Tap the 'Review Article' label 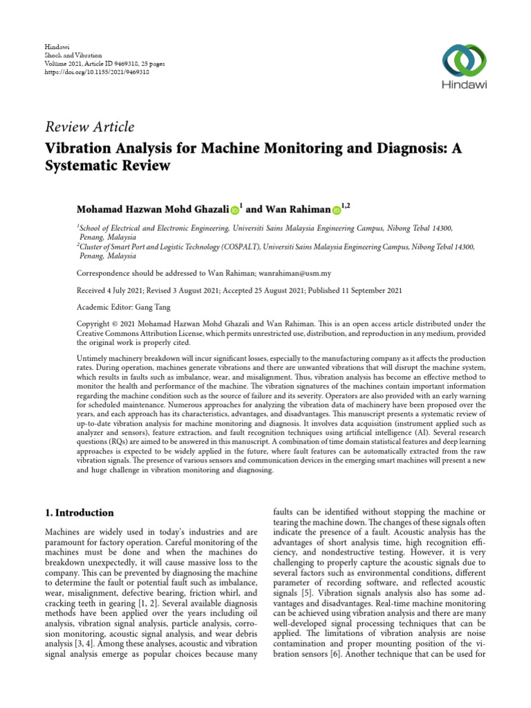(x=90, y=127)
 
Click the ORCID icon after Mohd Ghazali (x=234, y=210)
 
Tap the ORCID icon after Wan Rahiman (x=337, y=210)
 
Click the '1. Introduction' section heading (x=80, y=513)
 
